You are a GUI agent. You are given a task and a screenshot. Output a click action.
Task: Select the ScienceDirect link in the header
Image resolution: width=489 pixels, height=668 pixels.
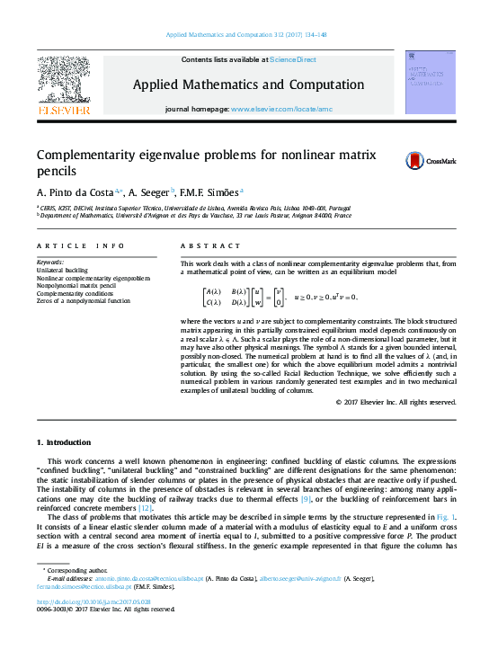[x=293, y=59]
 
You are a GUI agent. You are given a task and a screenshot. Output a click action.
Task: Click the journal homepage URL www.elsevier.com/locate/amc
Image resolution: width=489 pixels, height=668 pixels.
[x=281, y=108]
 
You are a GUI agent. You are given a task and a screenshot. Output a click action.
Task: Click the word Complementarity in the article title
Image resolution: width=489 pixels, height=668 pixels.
[x=88, y=154]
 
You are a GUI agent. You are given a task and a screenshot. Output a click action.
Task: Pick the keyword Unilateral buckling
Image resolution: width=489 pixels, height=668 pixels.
[x=62, y=270]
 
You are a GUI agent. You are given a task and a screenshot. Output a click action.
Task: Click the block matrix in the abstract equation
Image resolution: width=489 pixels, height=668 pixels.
[x=226, y=297]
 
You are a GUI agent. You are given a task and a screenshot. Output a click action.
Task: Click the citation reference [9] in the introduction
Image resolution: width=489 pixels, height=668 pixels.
[x=306, y=498]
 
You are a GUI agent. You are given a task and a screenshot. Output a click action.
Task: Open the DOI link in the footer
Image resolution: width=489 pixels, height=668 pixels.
[x=93, y=601]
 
